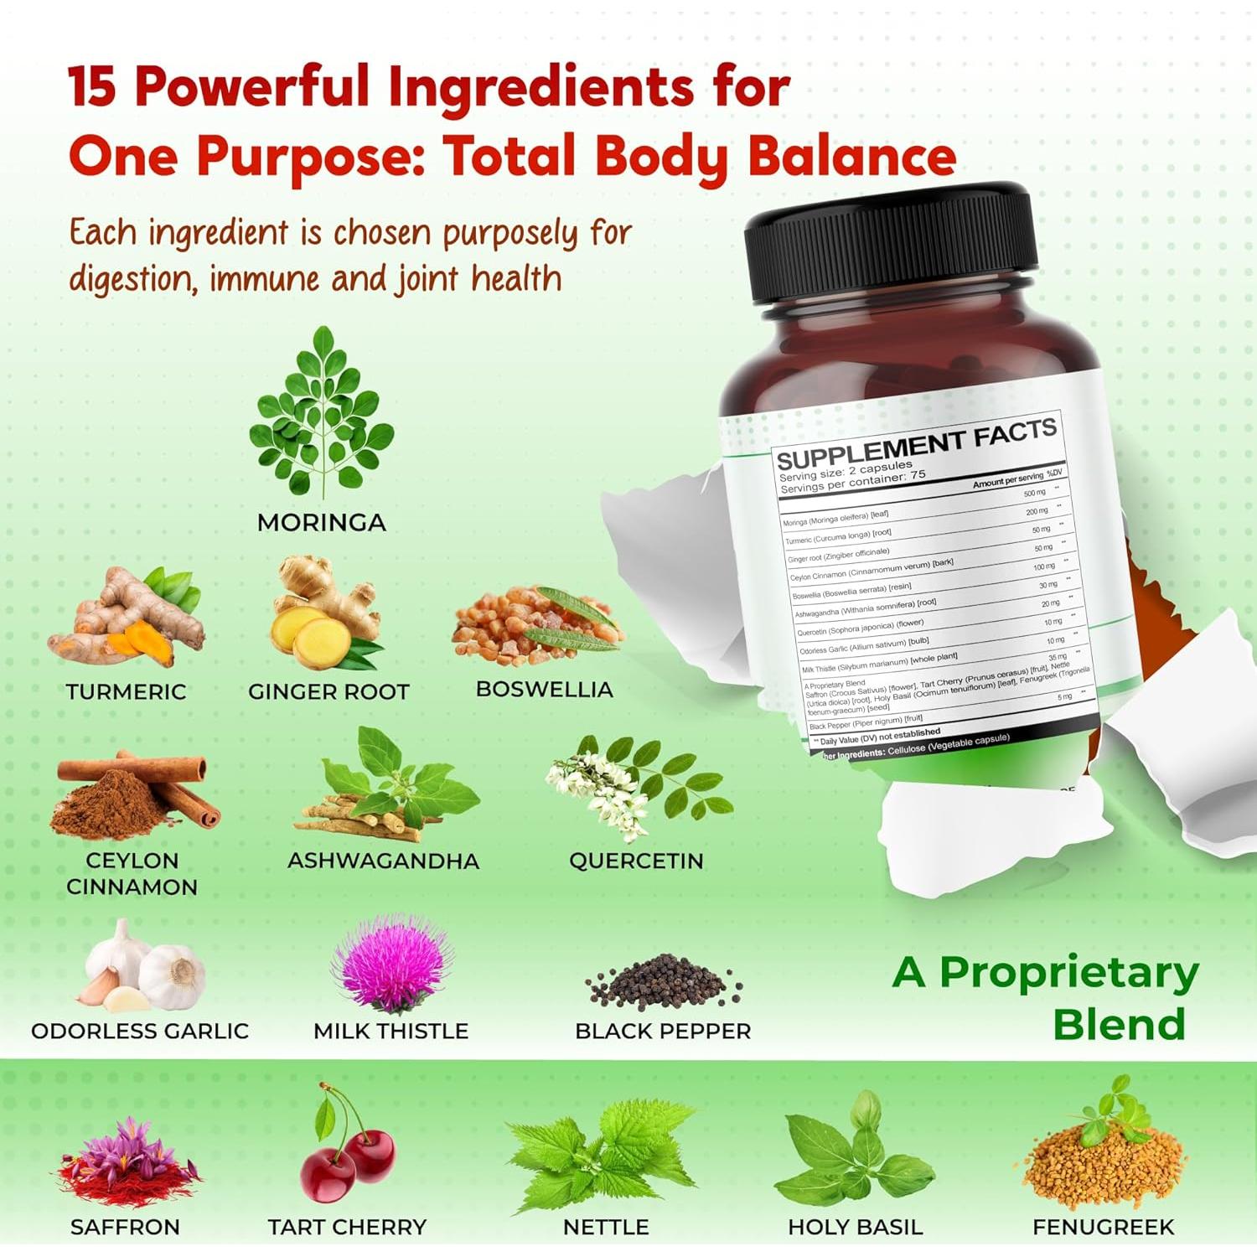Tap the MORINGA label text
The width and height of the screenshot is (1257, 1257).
pyautogui.click(x=322, y=523)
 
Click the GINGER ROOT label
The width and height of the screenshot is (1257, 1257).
pyautogui.click(x=328, y=692)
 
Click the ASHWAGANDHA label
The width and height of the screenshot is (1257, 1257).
pyautogui.click(x=383, y=861)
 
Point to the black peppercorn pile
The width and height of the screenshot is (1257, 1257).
pyautogui.click(x=662, y=981)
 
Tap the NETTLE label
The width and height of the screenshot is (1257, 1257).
pyautogui.click(x=606, y=1228)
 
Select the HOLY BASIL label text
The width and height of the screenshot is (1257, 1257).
pyautogui.click(x=855, y=1228)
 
